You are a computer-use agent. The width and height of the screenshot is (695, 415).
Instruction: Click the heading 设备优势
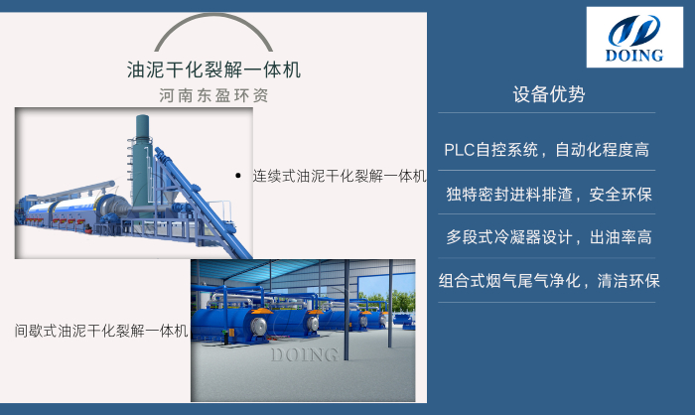[x=548, y=95]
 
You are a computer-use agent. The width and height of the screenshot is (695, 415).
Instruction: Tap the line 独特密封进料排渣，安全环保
[x=548, y=195]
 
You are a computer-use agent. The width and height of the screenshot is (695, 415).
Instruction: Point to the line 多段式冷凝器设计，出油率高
[x=548, y=238]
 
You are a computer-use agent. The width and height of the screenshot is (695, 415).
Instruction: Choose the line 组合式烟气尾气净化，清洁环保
[x=549, y=281]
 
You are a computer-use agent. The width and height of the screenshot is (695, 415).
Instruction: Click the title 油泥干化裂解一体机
[x=214, y=70]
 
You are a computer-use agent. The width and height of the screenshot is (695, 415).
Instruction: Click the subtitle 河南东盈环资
[x=214, y=96]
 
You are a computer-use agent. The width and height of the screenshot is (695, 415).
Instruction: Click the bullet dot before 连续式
[x=238, y=176]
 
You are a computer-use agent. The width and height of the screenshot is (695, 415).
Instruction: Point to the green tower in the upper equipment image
[x=142, y=149]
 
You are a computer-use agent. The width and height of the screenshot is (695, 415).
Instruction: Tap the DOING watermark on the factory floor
[x=304, y=354]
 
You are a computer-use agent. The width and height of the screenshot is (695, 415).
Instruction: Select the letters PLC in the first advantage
[x=460, y=151]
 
